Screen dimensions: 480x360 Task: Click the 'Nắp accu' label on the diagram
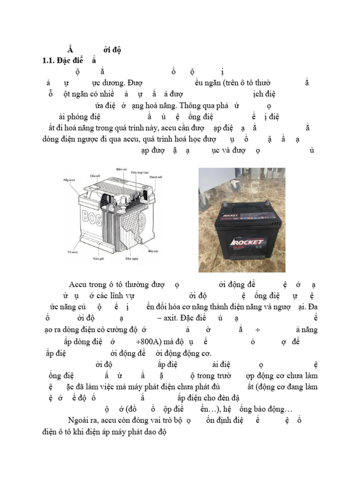coord(70,179)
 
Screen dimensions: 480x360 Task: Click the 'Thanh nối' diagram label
coord(156,178)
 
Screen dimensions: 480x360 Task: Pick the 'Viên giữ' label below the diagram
coord(97,258)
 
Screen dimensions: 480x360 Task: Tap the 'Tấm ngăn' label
coord(131,258)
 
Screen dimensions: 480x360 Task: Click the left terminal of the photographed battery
coord(225,207)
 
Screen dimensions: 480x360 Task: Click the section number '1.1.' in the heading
coord(49,60)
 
